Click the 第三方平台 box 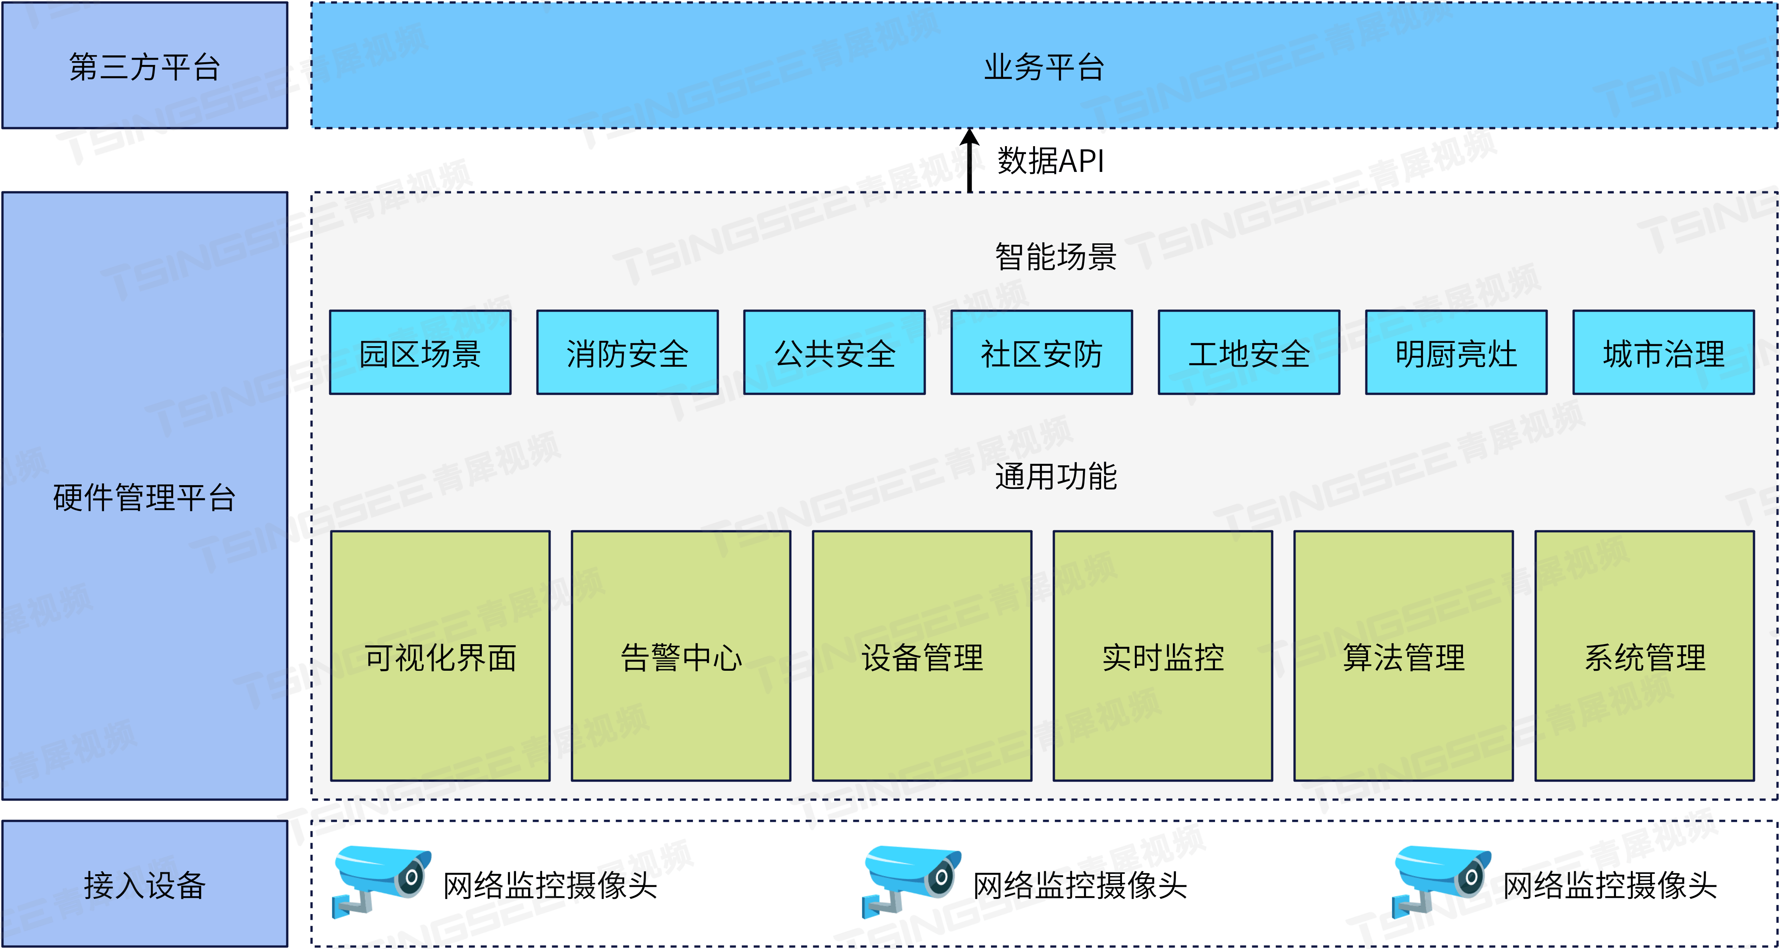point(144,66)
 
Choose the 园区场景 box point(420,353)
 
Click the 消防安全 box point(627,353)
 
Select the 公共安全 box point(834,353)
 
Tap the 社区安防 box point(1041,353)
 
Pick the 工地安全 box point(1249,353)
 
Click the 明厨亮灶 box point(1456,353)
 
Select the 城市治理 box point(1663,353)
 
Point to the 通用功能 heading point(1055,476)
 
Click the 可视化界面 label point(440,657)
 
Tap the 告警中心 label point(681,657)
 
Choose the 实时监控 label point(1163,657)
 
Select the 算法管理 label point(1403,657)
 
